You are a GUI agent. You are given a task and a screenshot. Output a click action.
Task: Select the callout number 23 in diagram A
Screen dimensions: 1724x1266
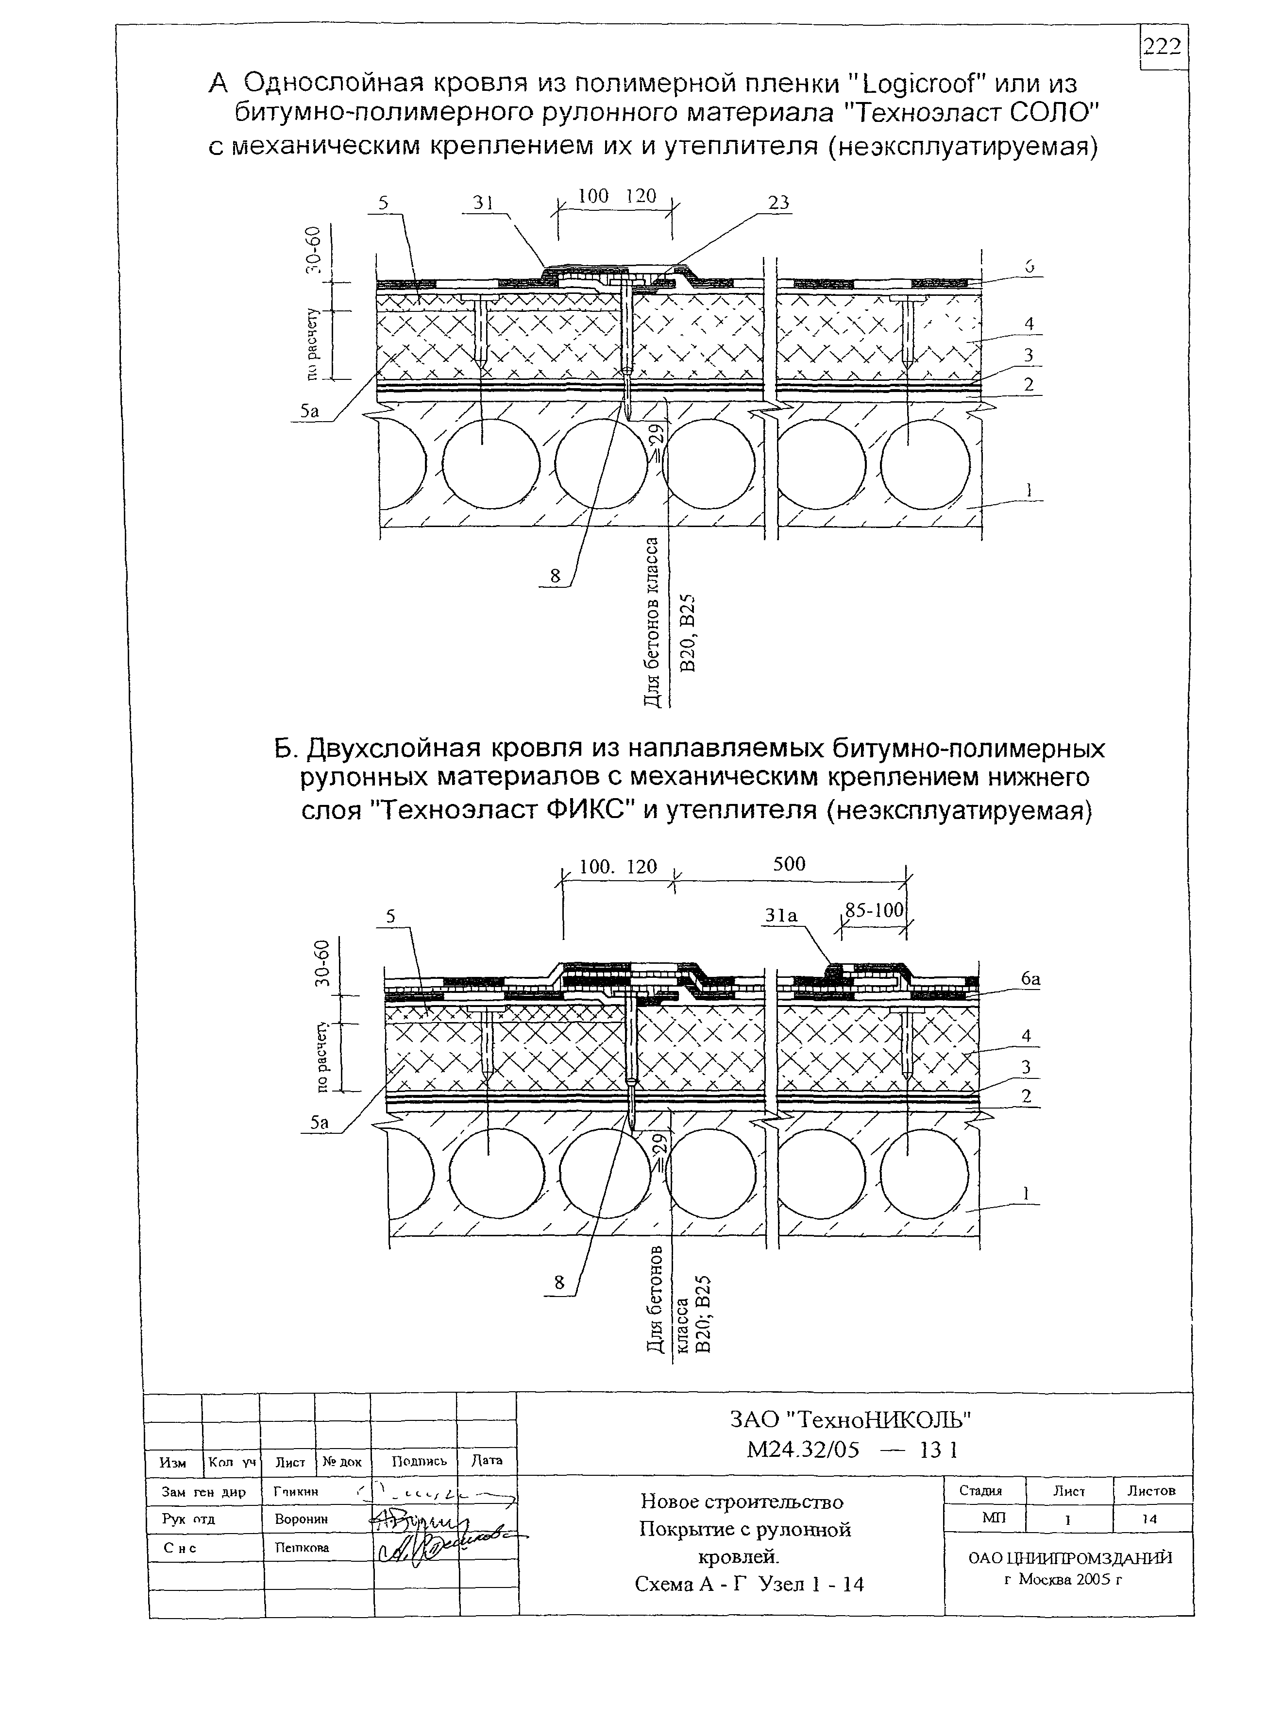778,203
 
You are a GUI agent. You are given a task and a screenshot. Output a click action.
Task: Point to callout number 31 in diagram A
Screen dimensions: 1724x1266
482,203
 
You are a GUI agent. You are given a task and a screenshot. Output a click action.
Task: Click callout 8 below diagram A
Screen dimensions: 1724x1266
555,576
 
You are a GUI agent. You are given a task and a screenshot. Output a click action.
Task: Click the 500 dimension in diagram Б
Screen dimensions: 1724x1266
789,864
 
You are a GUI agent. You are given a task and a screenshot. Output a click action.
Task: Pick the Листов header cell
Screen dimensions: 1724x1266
1151,1491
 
